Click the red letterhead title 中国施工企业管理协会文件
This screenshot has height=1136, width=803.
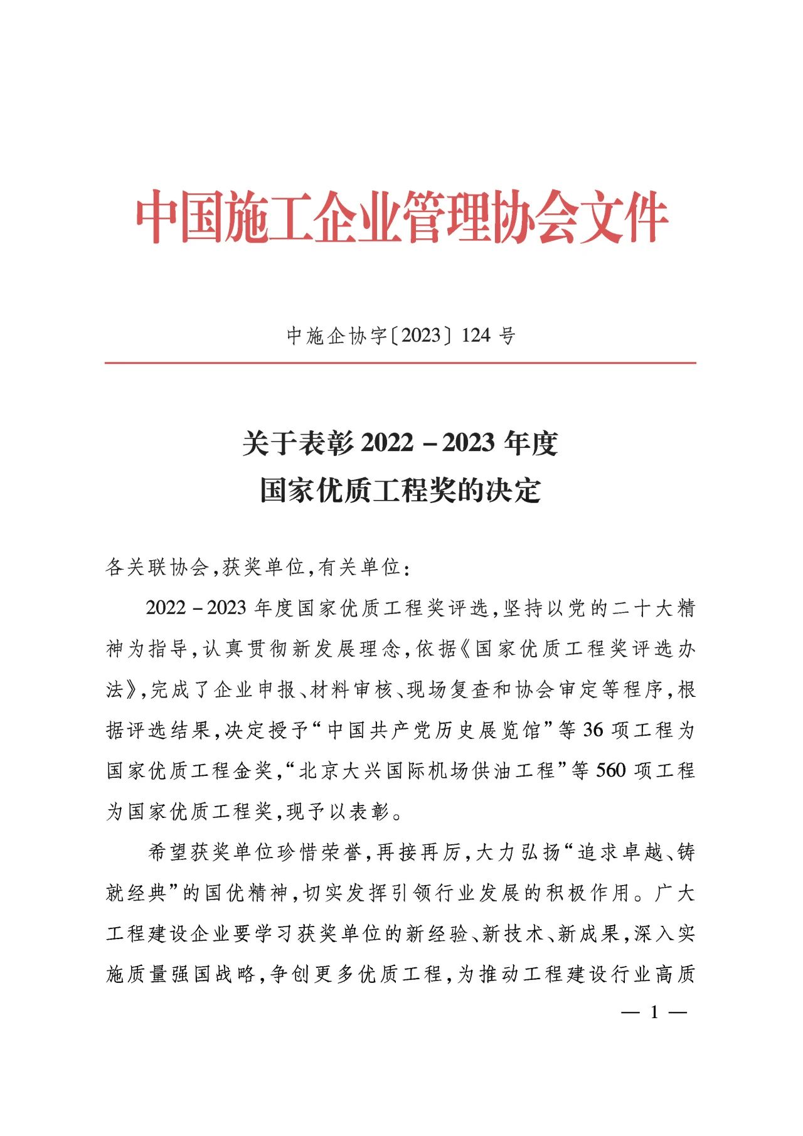401,217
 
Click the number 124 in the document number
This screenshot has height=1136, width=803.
476,336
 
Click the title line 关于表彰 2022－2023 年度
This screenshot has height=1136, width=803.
400,443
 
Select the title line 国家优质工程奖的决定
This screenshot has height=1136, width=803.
400,491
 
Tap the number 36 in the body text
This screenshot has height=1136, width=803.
593,730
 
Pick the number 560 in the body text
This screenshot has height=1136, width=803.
611,770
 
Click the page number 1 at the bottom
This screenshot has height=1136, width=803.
654,1012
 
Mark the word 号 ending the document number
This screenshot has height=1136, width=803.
507,336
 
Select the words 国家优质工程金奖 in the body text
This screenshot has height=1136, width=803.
189,771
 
